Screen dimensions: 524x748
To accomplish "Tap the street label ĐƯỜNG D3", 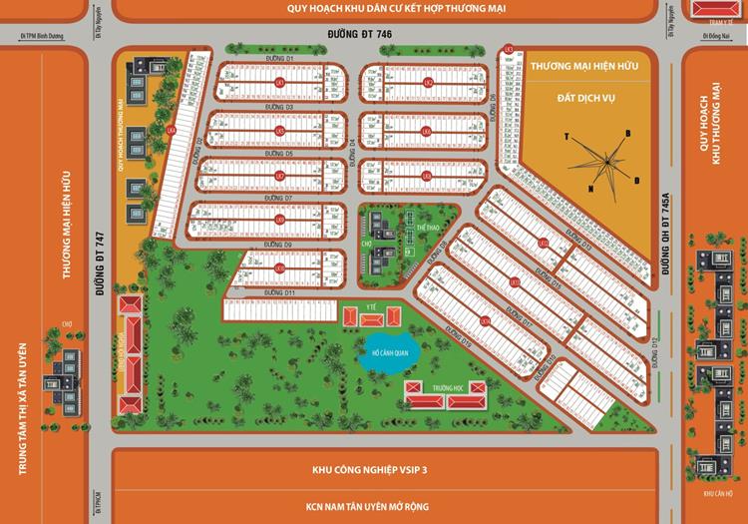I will [279, 106].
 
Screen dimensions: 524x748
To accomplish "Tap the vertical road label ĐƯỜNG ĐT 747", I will [100, 267].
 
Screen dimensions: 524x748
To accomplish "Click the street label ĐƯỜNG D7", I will [279, 198].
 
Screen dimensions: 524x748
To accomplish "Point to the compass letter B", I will [628, 133].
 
